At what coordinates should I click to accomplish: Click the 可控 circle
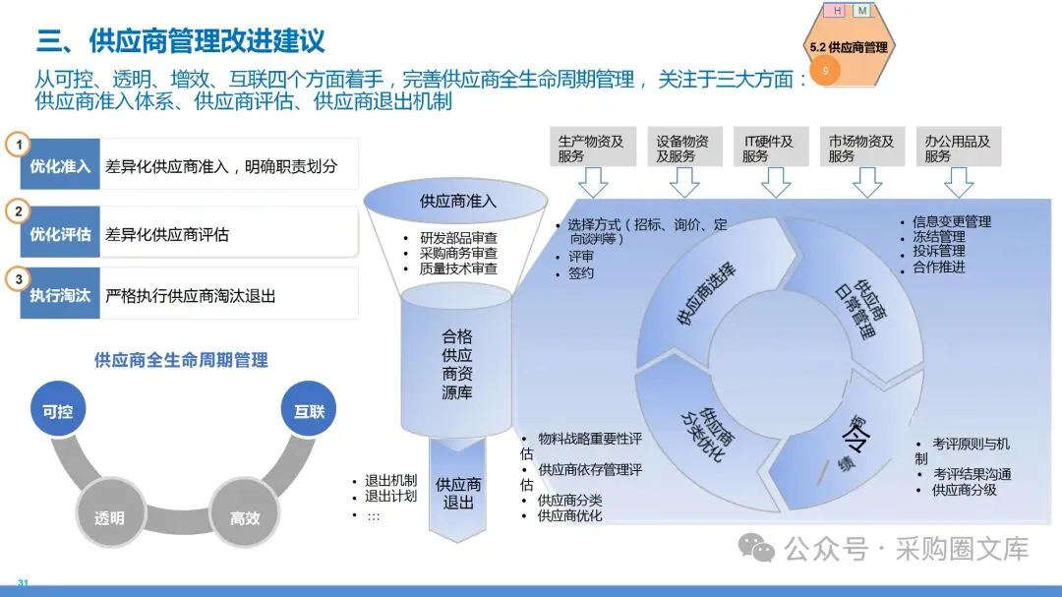(58, 411)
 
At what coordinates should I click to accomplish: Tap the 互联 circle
(309, 411)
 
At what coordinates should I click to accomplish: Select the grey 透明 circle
(108, 516)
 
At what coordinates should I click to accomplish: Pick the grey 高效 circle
(245, 516)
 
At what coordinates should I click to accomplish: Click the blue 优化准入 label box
(61, 166)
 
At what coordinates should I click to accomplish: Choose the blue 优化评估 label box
(61, 234)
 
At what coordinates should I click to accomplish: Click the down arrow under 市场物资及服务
(866, 183)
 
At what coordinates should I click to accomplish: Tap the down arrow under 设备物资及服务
(683, 183)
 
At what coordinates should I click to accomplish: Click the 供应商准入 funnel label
(458, 202)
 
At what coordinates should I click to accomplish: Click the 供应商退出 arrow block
(458, 493)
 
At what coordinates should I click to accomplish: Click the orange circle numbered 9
(825, 71)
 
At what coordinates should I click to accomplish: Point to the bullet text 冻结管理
(939, 237)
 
